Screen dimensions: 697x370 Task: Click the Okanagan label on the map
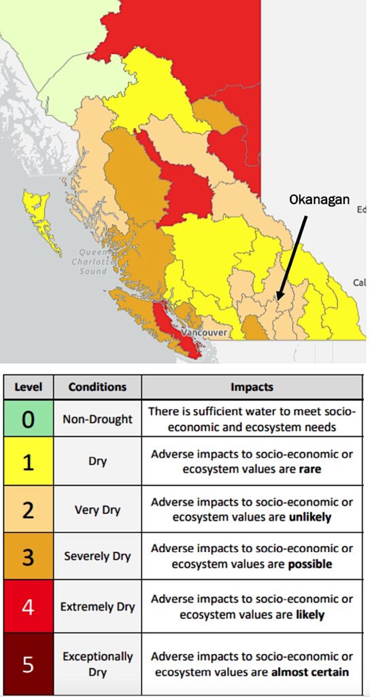pyautogui.click(x=319, y=199)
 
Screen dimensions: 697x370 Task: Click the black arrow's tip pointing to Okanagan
pyautogui.click(x=277, y=299)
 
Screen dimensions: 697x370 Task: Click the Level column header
pyautogui.click(x=28, y=387)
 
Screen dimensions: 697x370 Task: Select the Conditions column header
pyautogui.click(x=97, y=387)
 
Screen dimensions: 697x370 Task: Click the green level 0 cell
pyautogui.click(x=28, y=419)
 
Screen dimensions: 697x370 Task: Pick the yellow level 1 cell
pyautogui.click(x=28, y=463)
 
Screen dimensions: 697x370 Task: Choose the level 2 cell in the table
pyautogui.click(x=28, y=510)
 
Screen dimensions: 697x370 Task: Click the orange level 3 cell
pyautogui.click(x=28, y=556)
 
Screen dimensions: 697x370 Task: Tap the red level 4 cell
pyautogui.click(x=28, y=606)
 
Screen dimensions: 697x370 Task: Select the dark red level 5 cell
pyautogui.click(x=28, y=664)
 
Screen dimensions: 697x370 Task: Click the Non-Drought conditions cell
pyautogui.click(x=97, y=419)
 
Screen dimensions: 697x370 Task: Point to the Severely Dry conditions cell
pyautogui.click(x=97, y=556)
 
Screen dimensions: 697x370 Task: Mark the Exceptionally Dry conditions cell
pyautogui.click(x=97, y=664)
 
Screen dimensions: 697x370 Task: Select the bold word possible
pyautogui.click(x=310, y=564)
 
